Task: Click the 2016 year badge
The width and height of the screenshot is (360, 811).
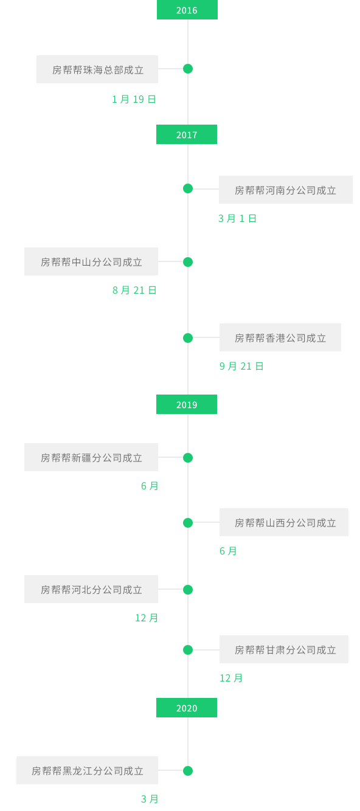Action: (x=187, y=10)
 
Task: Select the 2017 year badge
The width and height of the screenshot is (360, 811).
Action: (x=187, y=134)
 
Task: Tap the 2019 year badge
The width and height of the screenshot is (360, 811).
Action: (x=187, y=404)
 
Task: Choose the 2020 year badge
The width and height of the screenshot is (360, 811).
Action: (x=187, y=708)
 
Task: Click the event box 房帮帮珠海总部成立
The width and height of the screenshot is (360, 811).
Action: (x=97, y=69)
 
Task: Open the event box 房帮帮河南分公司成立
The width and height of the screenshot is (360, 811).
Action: (x=286, y=190)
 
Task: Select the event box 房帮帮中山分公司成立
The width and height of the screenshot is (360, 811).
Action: (x=91, y=261)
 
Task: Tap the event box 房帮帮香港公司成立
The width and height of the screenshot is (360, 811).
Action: (x=280, y=337)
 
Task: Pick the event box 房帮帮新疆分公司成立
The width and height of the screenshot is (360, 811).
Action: (x=91, y=457)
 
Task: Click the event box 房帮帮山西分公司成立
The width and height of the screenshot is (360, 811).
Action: (x=284, y=522)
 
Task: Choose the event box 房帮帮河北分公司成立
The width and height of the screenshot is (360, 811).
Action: (x=91, y=589)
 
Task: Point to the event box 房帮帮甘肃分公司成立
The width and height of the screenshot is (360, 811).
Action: (x=284, y=649)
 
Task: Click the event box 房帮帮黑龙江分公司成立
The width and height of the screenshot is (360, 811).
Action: (x=87, y=770)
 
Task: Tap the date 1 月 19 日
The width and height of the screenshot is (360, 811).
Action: (x=134, y=99)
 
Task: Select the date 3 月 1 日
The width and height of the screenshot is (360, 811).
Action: (x=237, y=218)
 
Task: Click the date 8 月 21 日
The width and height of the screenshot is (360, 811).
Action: (x=134, y=290)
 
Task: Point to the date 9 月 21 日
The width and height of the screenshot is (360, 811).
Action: (x=241, y=366)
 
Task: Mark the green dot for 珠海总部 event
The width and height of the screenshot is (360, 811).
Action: (x=188, y=69)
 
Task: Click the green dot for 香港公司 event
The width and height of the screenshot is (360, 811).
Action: (x=188, y=338)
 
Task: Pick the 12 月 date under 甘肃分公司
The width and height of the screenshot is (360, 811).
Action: (x=231, y=678)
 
